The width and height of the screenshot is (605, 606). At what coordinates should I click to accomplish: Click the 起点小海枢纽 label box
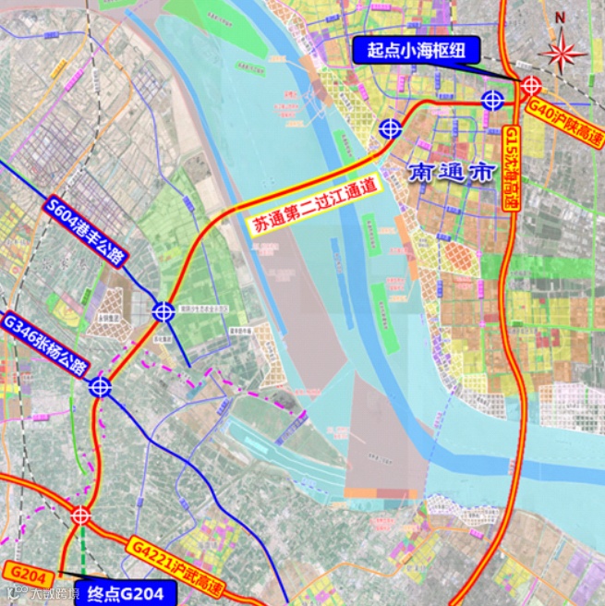click(x=411, y=50)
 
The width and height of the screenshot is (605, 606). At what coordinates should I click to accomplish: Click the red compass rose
click(x=562, y=51)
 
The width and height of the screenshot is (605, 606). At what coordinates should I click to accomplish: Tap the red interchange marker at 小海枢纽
click(x=530, y=85)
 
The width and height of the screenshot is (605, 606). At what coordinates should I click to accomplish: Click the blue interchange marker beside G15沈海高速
click(x=492, y=99)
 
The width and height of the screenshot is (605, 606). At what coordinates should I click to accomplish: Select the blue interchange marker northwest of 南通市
click(x=391, y=129)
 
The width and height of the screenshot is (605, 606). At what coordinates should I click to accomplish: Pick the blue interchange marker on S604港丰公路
click(x=163, y=312)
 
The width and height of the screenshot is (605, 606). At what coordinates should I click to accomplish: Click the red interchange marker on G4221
click(x=80, y=515)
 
